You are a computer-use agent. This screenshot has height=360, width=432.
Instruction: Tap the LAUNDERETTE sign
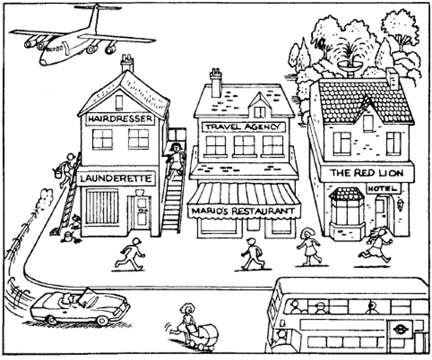click(x=116, y=178)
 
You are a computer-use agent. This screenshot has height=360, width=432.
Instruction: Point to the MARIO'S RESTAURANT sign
click(x=244, y=211)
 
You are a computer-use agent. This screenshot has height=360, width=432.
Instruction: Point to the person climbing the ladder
click(x=68, y=168)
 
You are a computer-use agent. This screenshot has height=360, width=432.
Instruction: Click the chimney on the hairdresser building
click(x=127, y=62)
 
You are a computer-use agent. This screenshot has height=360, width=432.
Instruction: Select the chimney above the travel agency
click(x=216, y=82)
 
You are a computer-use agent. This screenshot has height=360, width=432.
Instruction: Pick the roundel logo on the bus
click(x=400, y=329)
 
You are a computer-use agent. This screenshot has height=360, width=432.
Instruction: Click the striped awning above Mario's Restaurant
click(x=244, y=193)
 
